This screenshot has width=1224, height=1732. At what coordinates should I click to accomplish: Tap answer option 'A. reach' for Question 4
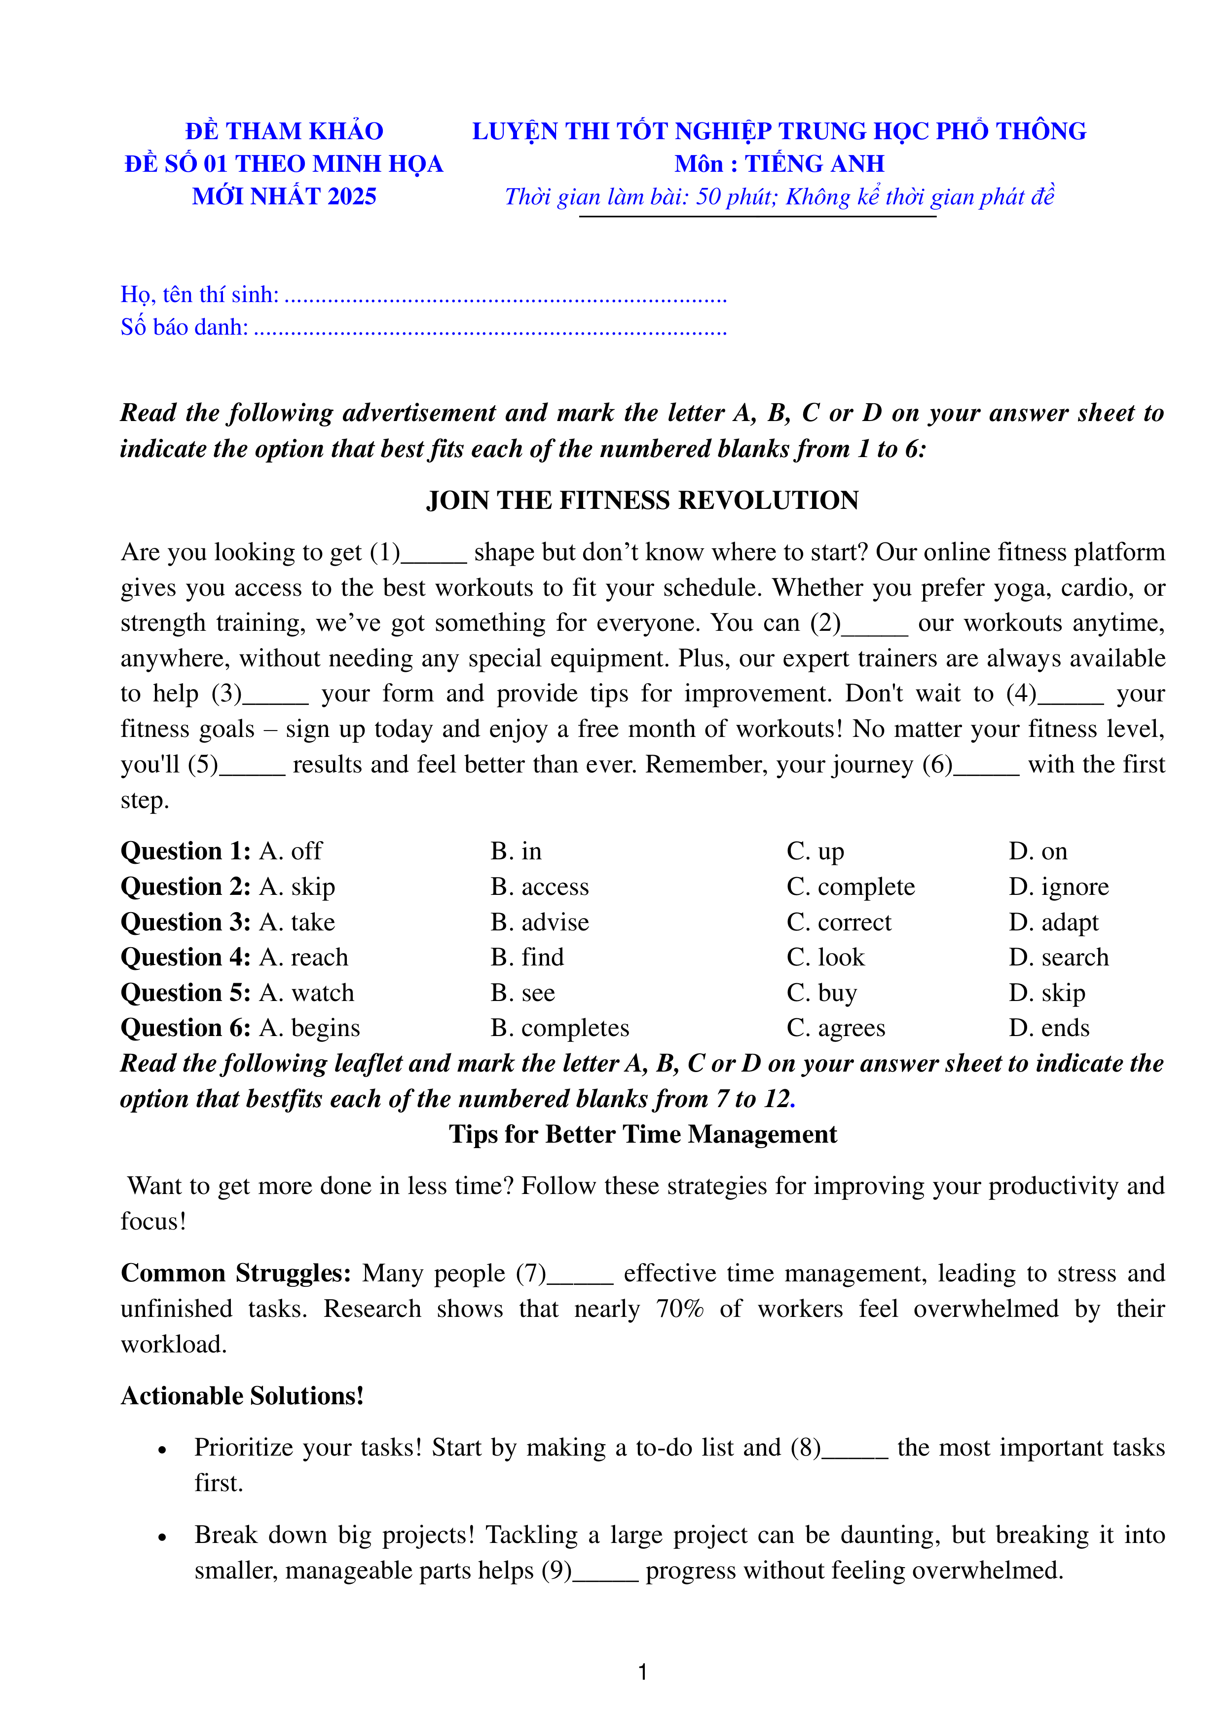(303, 957)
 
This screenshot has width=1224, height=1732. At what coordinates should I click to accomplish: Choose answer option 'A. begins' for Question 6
(309, 1028)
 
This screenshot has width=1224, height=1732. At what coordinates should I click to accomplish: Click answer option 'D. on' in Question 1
(1038, 851)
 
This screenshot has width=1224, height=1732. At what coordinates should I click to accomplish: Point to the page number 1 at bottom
(642, 1672)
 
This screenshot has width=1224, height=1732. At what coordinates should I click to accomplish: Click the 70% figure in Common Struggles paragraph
(679, 1308)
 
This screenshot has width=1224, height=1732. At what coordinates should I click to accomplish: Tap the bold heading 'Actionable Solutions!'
(242, 1395)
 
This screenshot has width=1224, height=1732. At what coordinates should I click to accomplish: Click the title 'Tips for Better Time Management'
(642, 1134)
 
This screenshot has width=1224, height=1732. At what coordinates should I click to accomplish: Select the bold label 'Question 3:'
(185, 922)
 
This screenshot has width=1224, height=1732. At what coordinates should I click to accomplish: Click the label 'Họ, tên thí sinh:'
(199, 294)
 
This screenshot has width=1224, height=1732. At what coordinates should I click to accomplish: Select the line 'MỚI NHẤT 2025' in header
(284, 196)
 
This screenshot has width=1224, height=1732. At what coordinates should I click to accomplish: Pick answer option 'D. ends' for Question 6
(1049, 1028)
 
